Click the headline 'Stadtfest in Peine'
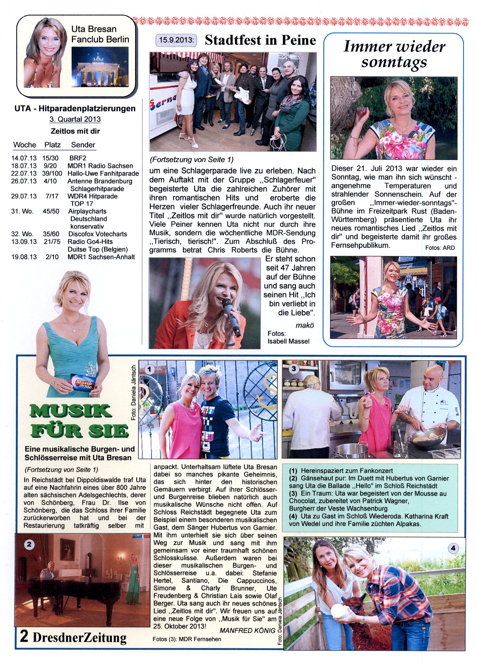260,40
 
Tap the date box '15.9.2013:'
176,40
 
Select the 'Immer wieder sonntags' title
394,54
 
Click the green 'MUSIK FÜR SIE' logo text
79,421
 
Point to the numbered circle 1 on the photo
149,369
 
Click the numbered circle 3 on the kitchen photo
293,369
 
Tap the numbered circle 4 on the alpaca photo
453,548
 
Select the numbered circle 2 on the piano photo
29,544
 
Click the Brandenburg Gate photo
100,66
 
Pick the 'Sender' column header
83,145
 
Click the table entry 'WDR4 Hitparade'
92,196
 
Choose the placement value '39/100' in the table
52,173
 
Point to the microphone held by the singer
232,317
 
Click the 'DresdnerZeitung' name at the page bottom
80,637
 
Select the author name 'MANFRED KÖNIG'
247,631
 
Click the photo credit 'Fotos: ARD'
440,248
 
